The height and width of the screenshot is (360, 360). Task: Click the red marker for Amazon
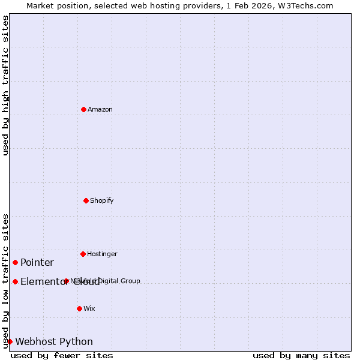pos(83,109)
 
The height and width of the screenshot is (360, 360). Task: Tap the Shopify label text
pos(101,200)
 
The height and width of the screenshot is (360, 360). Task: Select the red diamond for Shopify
pos(86,200)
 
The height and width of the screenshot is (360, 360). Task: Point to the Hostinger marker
pos(83,254)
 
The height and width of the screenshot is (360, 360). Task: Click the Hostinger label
pos(102,254)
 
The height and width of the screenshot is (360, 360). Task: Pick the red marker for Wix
pos(79,308)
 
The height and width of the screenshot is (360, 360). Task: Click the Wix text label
pos(89,308)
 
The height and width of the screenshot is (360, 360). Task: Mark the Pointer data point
pos(15,262)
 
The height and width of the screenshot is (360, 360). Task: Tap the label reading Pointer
pos(37,262)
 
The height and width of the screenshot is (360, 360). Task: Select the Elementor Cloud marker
pos(15,281)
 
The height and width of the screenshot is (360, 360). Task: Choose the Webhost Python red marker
pos(10,341)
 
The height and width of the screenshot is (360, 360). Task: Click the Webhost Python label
pos(54,341)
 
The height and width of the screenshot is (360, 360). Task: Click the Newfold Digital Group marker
pos(66,281)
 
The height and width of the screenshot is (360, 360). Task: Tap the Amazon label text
pos(100,109)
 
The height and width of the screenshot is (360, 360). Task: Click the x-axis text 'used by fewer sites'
pos(62,355)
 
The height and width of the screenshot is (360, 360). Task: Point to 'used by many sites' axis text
pos(301,355)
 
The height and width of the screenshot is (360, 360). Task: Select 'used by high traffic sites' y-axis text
pos(5,85)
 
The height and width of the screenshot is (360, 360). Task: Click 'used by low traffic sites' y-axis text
pos(5,281)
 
